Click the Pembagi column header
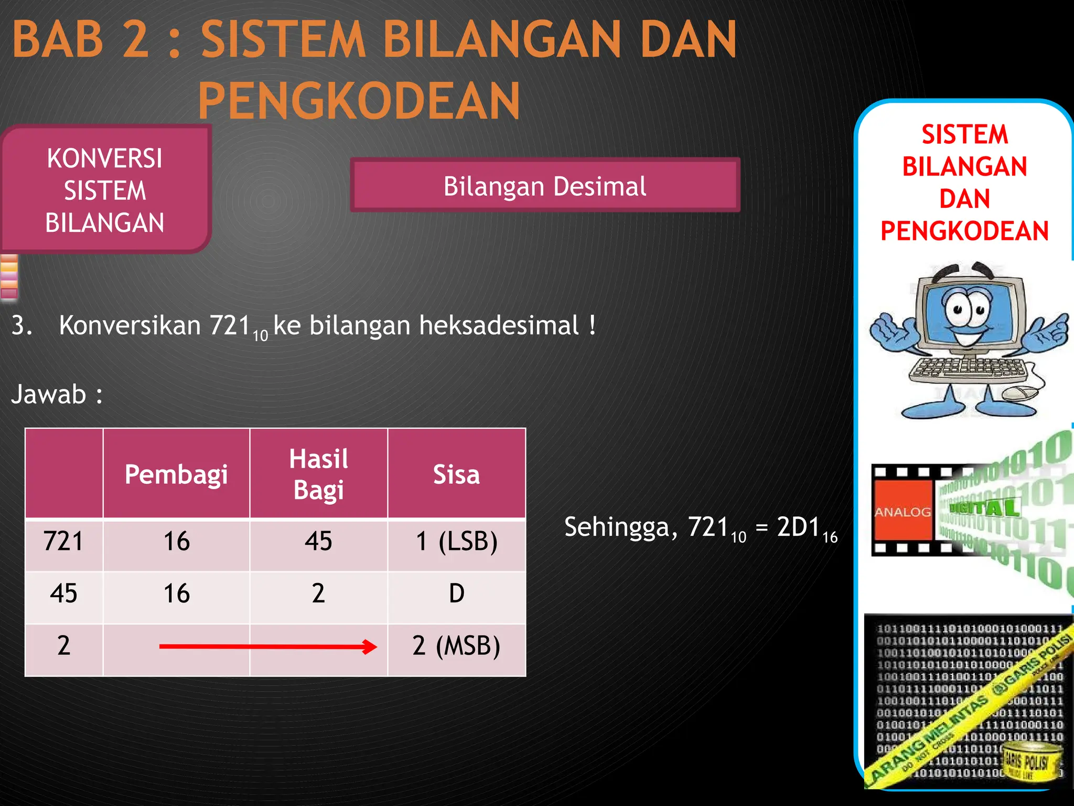coord(176,474)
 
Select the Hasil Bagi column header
coord(318,474)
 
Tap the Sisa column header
coord(456,474)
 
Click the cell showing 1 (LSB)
coord(456,541)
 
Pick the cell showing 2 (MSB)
coord(456,645)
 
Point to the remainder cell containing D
coord(456,593)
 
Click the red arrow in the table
coord(267,646)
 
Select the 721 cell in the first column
coord(63,541)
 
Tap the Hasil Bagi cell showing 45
coord(318,541)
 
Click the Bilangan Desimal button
coord(545,186)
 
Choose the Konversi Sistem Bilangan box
coord(105,190)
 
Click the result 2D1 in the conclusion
coord(798,527)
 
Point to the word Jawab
coord(49,395)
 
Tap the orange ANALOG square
coord(902,511)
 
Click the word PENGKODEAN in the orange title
coord(359,101)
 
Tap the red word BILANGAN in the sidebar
coord(964,167)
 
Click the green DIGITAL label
coord(984,507)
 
